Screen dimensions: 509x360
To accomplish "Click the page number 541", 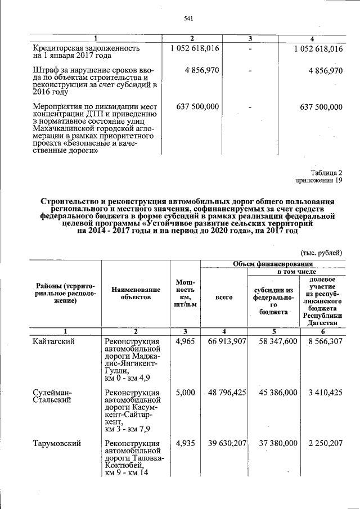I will click(188, 19).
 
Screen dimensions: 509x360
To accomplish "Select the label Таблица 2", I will click(326, 172).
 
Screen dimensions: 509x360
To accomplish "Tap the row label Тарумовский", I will click(56, 444).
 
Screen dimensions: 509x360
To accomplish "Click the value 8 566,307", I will click(323, 341).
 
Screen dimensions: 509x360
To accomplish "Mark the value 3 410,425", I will click(323, 393).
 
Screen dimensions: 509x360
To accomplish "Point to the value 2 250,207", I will click(323, 444).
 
